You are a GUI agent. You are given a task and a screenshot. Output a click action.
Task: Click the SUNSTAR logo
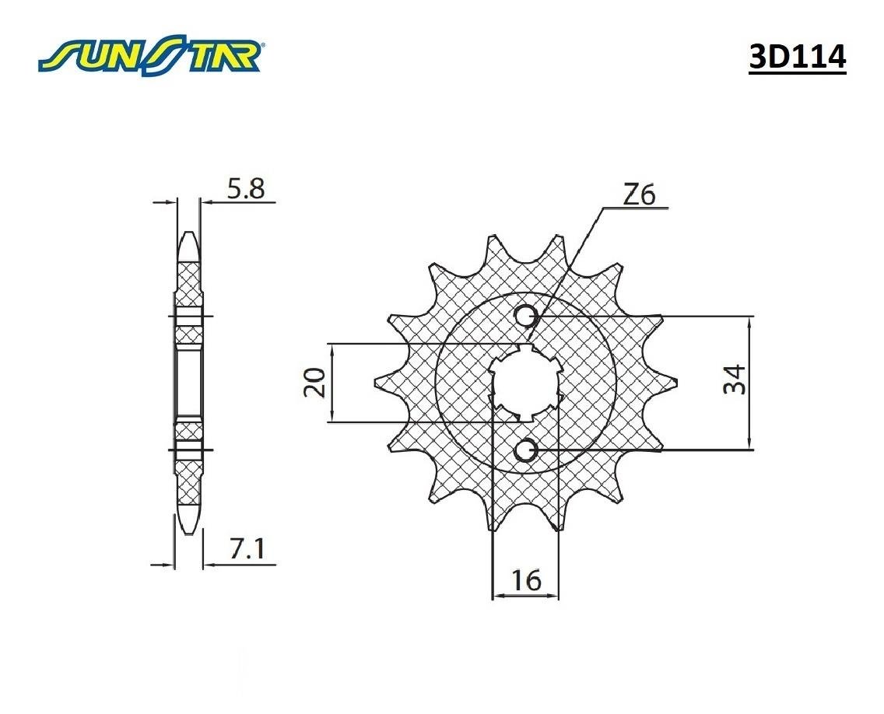tap(153, 56)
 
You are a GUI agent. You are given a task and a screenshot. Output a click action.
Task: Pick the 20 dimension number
tap(314, 382)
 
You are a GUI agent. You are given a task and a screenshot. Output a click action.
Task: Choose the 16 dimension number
tap(526, 581)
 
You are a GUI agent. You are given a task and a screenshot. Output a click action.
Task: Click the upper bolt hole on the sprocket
tap(527, 316)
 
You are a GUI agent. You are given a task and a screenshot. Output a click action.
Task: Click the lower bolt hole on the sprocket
tap(527, 450)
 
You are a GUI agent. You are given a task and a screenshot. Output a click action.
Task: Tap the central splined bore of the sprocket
tap(527, 383)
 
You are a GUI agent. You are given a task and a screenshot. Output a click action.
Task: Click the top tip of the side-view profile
tap(188, 234)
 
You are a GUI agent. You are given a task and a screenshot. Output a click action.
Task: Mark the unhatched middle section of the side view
tap(188, 383)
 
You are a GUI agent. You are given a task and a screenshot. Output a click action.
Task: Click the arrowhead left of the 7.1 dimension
tap(166, 564)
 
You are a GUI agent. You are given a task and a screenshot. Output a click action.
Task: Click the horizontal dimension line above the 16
tap(526, 597)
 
